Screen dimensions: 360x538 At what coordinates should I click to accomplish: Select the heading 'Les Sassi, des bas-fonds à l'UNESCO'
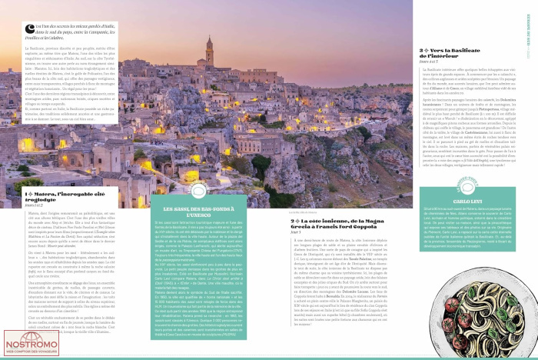click(x=199, y=210)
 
